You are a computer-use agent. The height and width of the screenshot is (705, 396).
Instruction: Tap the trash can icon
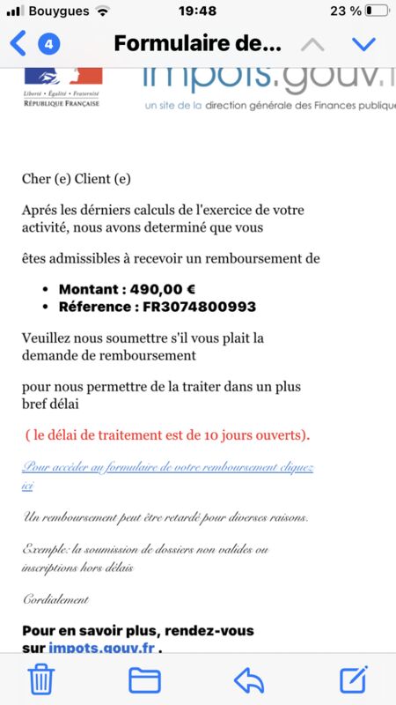click(41, 679)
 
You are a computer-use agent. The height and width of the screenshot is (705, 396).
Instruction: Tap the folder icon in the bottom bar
click(144, 679)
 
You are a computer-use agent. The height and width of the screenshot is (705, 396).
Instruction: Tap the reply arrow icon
click(249, 679)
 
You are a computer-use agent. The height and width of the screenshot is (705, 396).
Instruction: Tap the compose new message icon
click(353, 679)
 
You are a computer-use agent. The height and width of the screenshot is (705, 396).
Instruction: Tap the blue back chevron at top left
click(18, 43)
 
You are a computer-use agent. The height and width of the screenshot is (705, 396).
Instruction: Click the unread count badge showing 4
click(49, 43)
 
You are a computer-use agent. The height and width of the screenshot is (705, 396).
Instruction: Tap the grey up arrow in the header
click(312, 44)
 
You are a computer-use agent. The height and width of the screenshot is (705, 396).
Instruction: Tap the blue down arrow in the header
click(363, 44)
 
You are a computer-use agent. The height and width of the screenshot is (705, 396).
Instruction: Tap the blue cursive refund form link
click(167, 467)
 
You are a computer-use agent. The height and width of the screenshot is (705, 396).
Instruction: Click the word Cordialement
click(55, 599)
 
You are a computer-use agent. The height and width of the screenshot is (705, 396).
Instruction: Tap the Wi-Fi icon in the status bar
click(103, 11)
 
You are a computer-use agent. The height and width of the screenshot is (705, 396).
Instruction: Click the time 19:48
click(198, 11)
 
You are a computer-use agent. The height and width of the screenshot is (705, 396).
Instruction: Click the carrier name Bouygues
click(58, 11)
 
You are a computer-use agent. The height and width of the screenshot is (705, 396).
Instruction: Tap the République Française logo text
click(62, 103)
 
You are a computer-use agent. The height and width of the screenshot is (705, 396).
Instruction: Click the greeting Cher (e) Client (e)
click(76, 179)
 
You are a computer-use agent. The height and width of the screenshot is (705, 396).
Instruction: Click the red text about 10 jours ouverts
click(167, 435)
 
